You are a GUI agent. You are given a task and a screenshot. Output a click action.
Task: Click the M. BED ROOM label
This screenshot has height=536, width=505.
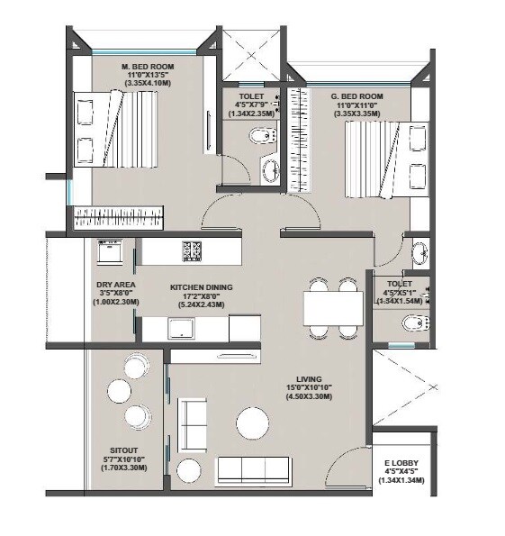coord(149,68)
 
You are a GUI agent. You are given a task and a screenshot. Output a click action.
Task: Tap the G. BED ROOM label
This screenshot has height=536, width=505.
coord(358,96)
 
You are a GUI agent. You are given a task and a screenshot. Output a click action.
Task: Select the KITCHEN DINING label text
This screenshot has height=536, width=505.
coord(201,287)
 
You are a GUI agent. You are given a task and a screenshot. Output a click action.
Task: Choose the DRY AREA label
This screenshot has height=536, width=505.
coord(115,284)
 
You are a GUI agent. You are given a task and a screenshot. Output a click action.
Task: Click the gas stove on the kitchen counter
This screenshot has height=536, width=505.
coord(193,251)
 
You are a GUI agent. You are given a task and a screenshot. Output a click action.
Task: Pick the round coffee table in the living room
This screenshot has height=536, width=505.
coord(252,423)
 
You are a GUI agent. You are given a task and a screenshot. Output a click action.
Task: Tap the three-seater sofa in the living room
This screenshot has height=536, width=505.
coord(253,470)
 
